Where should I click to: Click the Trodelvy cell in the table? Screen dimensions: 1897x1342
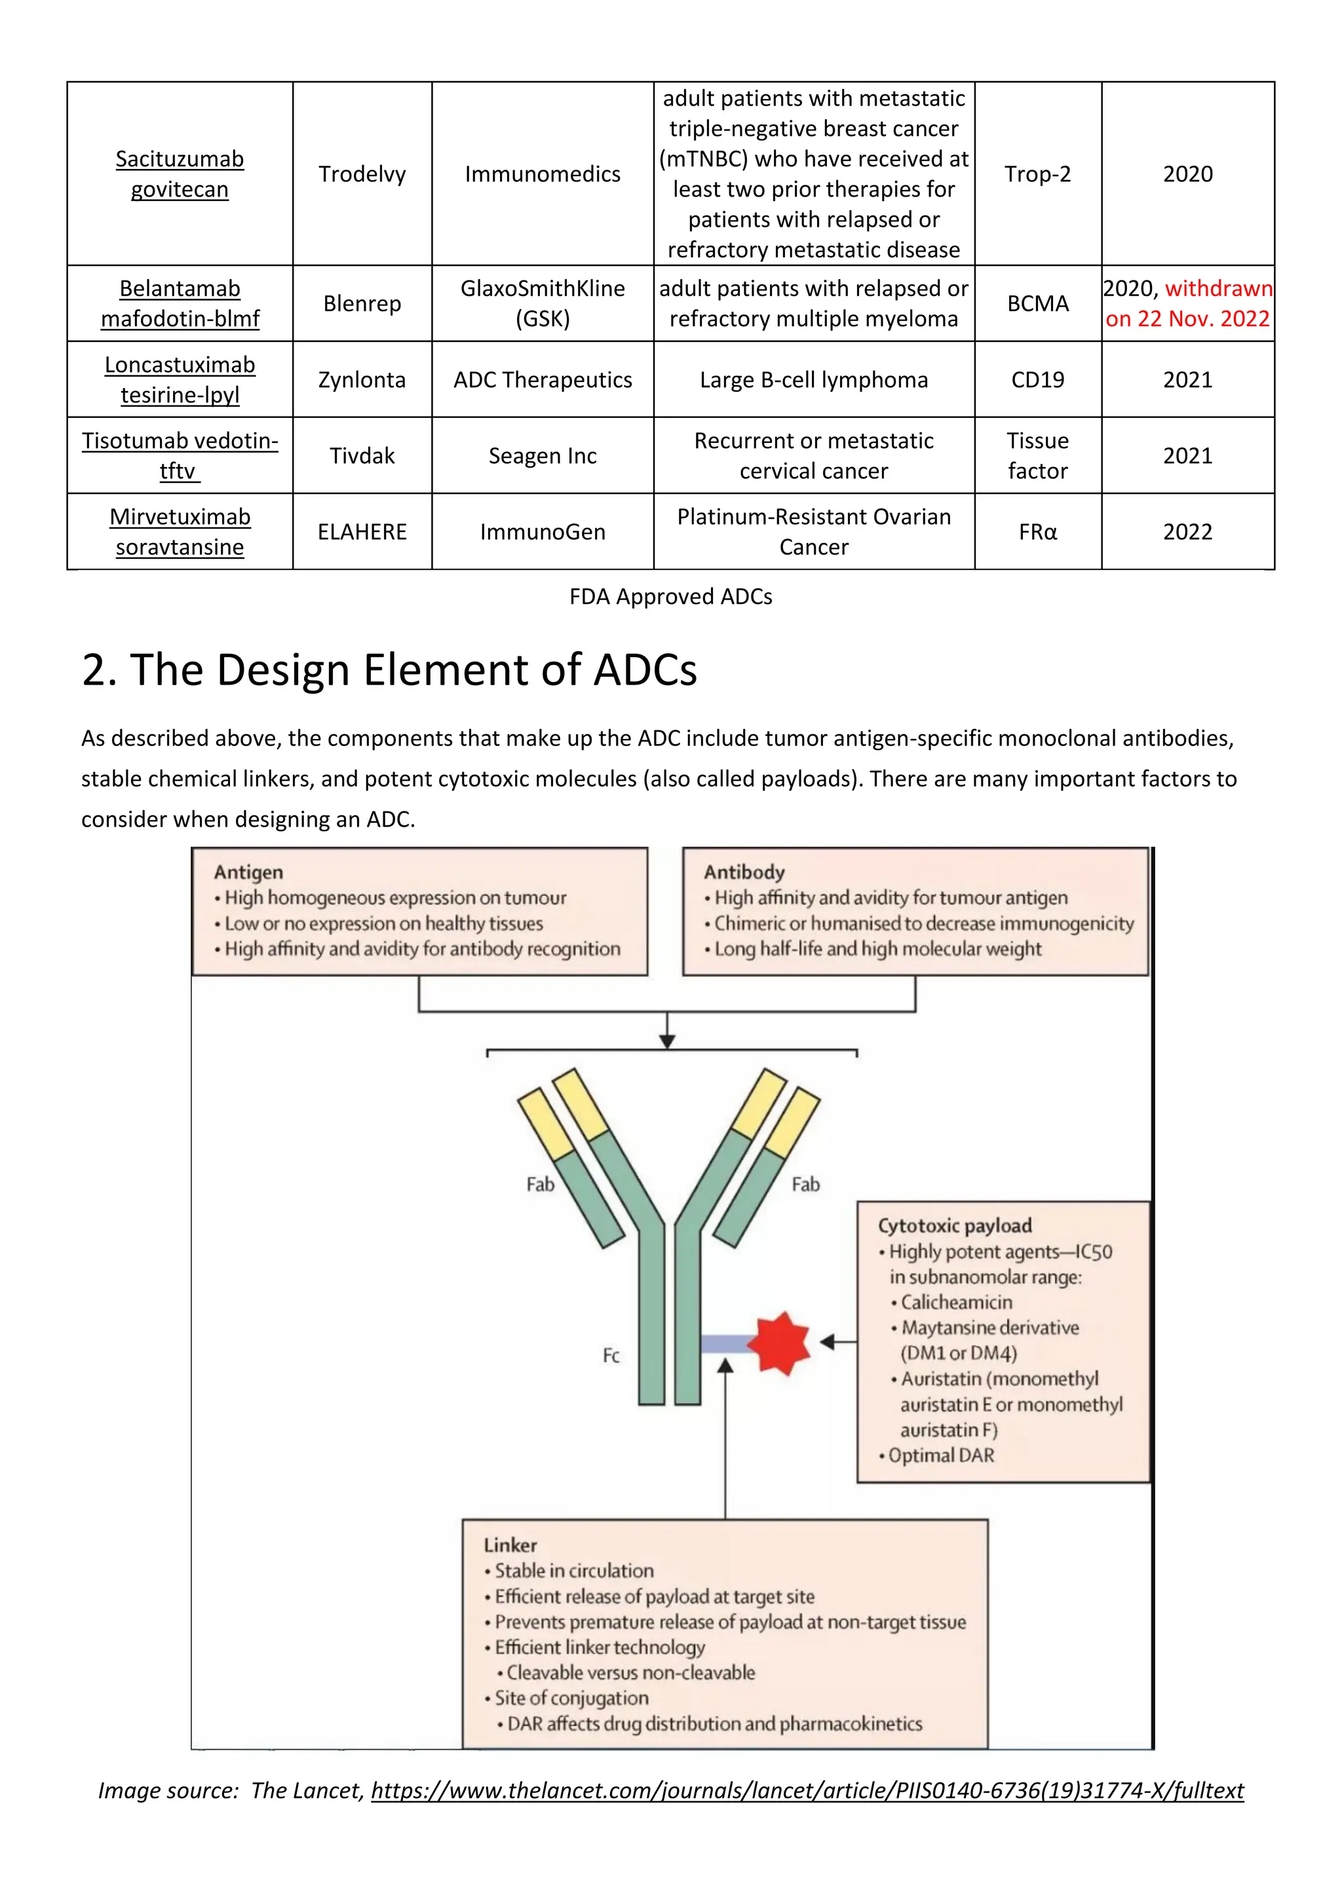[x=362, y=174]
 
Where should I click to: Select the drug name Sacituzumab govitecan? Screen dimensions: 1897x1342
[x=180, y=174]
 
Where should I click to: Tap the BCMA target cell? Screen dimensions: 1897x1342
[x=1037, y=303]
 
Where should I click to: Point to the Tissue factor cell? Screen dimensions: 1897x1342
[x=1037, y=455]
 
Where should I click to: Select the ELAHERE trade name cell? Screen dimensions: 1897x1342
[x=362, y=532]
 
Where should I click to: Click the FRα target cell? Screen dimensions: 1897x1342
[x=1037, y=532]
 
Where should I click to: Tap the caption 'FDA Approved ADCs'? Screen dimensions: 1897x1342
[x=670, y=597]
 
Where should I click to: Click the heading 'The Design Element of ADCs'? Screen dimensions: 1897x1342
[x=389, y=669]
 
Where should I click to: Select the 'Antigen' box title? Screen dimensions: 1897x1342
[x=248, y=873]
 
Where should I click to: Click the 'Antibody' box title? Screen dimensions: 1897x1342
[x=744, y=873]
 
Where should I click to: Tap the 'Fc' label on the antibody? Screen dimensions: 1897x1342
[x=611, y=1356]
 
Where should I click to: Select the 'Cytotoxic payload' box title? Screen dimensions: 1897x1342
[x=955, y=1226]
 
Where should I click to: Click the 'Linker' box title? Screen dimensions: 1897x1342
[x=510, y=1545]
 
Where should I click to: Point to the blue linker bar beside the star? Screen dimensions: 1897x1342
[x=725, y=1343]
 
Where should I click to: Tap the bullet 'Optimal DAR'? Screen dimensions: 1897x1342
[x=940, y=1456]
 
